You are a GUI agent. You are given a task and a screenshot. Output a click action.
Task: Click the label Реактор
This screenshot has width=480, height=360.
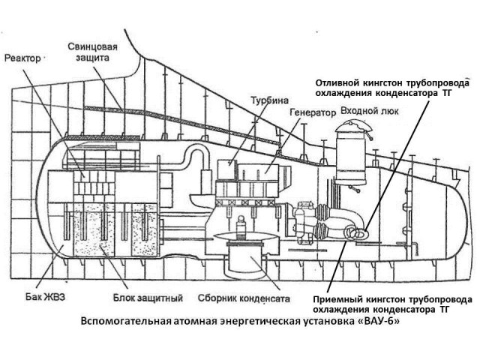(x=24, y=57)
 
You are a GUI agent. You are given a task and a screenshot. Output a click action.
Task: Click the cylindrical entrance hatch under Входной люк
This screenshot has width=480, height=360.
(x=350, y=157)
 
